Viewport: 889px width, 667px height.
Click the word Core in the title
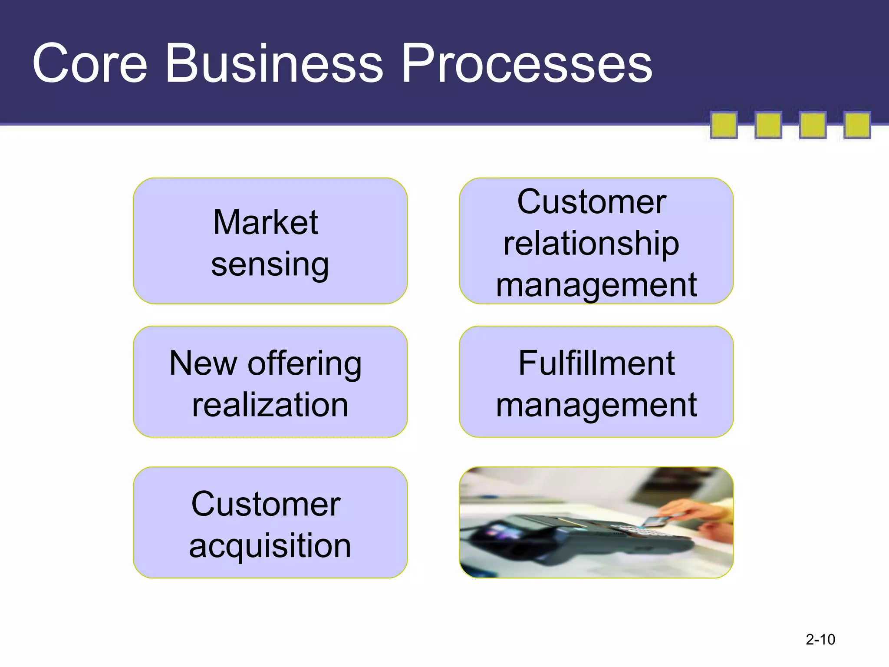90,64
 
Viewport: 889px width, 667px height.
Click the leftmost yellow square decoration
724,125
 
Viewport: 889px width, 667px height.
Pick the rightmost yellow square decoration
857,125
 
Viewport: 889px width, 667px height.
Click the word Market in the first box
266,222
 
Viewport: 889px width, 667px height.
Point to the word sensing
270,264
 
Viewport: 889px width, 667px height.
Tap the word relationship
591,244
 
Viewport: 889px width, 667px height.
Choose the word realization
270,405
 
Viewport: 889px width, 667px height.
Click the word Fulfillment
596,363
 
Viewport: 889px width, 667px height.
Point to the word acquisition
270,546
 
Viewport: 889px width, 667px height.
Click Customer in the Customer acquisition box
266,504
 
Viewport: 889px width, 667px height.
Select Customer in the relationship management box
591,202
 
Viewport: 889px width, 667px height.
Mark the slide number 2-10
820,640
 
